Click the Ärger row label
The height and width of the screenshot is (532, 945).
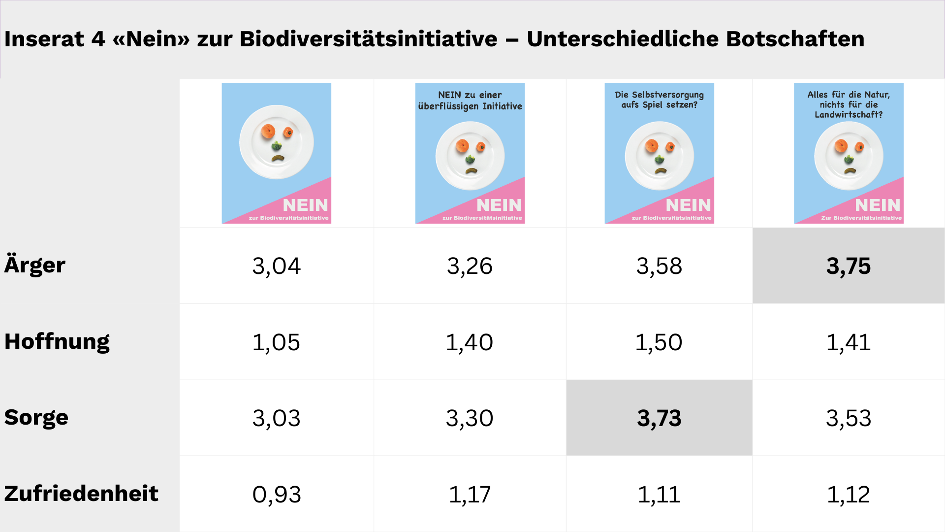tap(34, 265)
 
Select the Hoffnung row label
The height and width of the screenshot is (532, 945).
tap(57, 341)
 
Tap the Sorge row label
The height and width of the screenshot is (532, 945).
tap(36, 417)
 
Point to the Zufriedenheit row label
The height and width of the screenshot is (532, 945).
tap(81, 494)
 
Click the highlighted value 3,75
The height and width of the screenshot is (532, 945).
tap(848, 266)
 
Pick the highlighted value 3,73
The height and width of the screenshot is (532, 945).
tap(659, 418)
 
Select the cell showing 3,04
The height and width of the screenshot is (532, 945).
tap(276, 266)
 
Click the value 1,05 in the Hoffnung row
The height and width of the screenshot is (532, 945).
tap(276, 342)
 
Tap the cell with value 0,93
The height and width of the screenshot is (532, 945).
tap(276, 495)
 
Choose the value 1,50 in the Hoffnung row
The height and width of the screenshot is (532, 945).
tap(659, 342)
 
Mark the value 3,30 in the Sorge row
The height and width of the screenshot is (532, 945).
tap(470, 418)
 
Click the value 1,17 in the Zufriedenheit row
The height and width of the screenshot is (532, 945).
tap(470, 495)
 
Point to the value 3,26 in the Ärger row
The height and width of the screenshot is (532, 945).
tap(470, 266)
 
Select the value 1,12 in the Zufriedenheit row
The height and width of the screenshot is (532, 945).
tap(848, 495)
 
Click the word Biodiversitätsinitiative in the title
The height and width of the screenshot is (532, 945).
tap(368, 39)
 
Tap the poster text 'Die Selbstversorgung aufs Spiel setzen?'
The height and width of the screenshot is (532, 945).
tap(659, 100)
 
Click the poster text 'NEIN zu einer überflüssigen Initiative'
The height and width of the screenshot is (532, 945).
tap(470, 100)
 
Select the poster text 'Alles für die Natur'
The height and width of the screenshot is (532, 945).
tap(848, 95)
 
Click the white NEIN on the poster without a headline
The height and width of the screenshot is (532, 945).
tap(305, 205)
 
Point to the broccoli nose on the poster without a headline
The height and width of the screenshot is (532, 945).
tap(277, 146)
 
